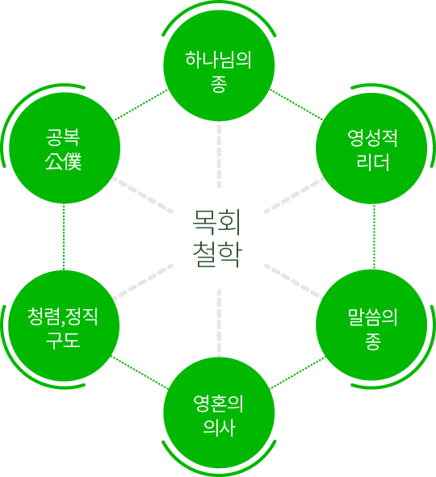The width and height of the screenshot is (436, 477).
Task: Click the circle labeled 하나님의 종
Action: click(219, 65)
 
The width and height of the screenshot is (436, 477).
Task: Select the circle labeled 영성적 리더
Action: click(371, 149)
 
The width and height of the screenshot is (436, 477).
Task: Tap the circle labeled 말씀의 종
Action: click(371, 325)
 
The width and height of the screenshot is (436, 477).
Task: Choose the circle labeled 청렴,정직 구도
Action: click(64, 325)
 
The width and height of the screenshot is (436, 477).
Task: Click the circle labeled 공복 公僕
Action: click(65, 149)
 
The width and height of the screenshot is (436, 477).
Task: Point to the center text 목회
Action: click(217, 223)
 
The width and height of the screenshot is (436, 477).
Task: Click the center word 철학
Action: click(217, 254)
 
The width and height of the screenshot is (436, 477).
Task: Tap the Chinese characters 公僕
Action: click(63, 161)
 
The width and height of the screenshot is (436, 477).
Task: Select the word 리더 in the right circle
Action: click(373, 162)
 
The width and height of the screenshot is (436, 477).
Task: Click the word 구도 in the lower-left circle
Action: click(63, 340)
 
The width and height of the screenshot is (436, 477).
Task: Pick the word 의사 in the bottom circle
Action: click(219, 428)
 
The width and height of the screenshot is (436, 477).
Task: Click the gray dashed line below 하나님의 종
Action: click(219, 154)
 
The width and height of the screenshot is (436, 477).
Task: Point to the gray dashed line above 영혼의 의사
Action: click(219, 323)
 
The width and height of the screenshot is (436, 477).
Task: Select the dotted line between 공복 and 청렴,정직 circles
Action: click(64, 236)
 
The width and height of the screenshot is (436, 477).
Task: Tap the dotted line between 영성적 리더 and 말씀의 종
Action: click(375, 236)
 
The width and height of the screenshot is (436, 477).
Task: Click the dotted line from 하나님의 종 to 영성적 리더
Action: click(296, 104)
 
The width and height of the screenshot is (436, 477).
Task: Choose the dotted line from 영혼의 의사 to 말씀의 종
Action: click(298, 373)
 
